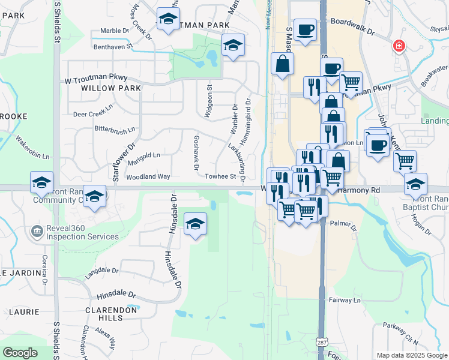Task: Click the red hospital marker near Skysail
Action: coord(398,46)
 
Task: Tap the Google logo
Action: coord(20,353)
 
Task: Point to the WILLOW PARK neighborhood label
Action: coord(103,88)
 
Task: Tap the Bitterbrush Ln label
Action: coord(115,128)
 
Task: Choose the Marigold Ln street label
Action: coord(143,155)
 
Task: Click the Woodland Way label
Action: coord(148,176)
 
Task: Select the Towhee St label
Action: coord(220,176)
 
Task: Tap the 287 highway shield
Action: coord(321,341)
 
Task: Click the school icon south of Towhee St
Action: coord(195,224)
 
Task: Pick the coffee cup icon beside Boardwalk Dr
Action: coord(305,29)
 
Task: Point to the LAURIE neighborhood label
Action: coord(24,312)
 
